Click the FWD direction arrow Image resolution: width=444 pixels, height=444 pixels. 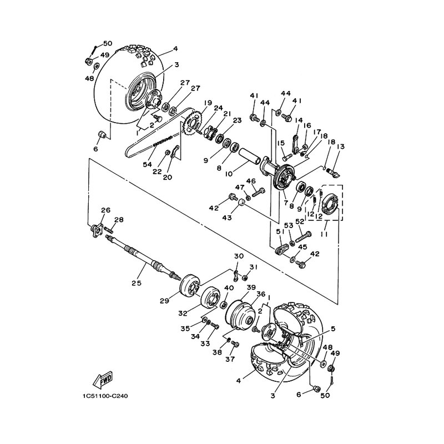click(x=103, y=380)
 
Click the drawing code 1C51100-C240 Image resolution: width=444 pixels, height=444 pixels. click(x=104, y=396)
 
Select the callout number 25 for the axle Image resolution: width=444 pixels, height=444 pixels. click(x=136, y=282)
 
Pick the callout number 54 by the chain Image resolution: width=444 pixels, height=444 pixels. click(x=147, y=164)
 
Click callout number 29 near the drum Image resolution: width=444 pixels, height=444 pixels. click(x=164, y=300)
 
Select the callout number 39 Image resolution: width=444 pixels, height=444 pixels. click(x=251, y=287)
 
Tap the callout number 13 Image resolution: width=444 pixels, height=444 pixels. click(x=341, y=147)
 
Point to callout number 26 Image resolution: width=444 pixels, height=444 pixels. click(x=105, y=210)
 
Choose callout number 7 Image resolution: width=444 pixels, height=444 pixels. click(x=286, y=203)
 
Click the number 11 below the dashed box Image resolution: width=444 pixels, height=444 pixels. click(x=325, y=234)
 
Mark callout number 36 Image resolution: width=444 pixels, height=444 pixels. click(x=261, y=294)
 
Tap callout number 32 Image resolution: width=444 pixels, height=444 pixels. click(x=183, y=313)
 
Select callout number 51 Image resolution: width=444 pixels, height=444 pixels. click(x=280, y=232)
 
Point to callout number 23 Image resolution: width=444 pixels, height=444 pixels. click(x=237, y=120)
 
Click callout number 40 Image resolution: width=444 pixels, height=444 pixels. click(x=229, y=288)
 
